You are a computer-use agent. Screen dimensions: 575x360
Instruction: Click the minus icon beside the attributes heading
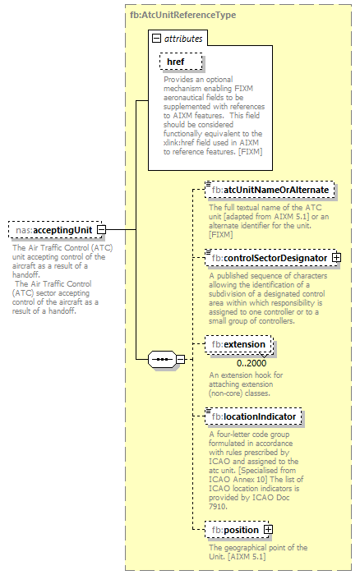pos(155,39)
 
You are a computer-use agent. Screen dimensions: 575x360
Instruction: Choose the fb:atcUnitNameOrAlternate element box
pos(270,190)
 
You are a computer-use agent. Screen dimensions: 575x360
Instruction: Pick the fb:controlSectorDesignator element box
pos(266,258)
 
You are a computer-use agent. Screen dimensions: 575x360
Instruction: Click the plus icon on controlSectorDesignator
pos(336,258)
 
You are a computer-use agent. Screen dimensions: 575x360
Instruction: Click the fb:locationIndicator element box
pos(252,416)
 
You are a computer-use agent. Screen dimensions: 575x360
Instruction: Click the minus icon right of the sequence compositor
pos(180,359)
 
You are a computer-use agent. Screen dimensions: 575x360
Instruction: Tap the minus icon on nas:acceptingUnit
pos(101,231)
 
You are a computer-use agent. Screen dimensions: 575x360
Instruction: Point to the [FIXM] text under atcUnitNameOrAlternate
pos(223,234)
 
